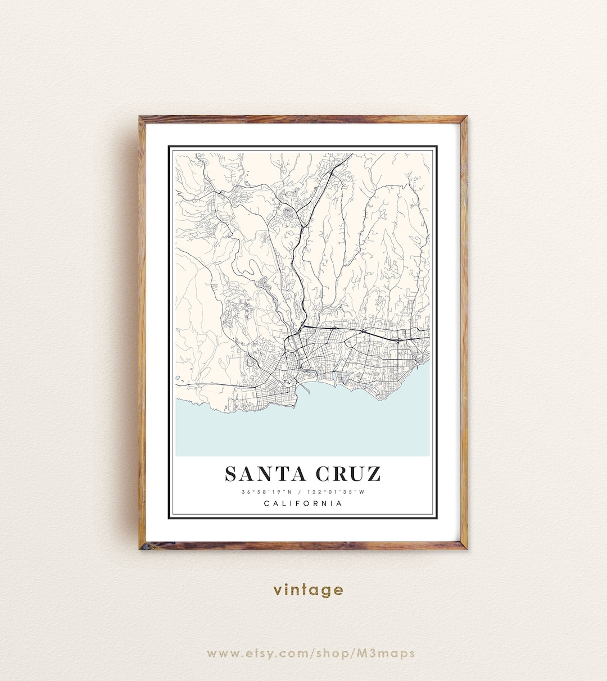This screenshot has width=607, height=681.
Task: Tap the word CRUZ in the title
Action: (348, 474)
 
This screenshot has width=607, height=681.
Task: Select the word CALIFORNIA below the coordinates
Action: (303, 503)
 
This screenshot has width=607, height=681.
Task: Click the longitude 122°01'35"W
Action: (336, 492)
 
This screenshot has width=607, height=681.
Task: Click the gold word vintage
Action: (308, 590)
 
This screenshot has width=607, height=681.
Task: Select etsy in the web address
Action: (261, 653)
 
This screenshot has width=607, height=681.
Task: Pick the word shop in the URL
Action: (332, 653)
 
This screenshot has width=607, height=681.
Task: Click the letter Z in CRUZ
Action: (373, 474)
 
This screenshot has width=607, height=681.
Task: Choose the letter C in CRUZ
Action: (324, 474)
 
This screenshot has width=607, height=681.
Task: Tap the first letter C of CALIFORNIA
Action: (266, 503)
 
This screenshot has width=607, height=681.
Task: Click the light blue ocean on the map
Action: (303, 433)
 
